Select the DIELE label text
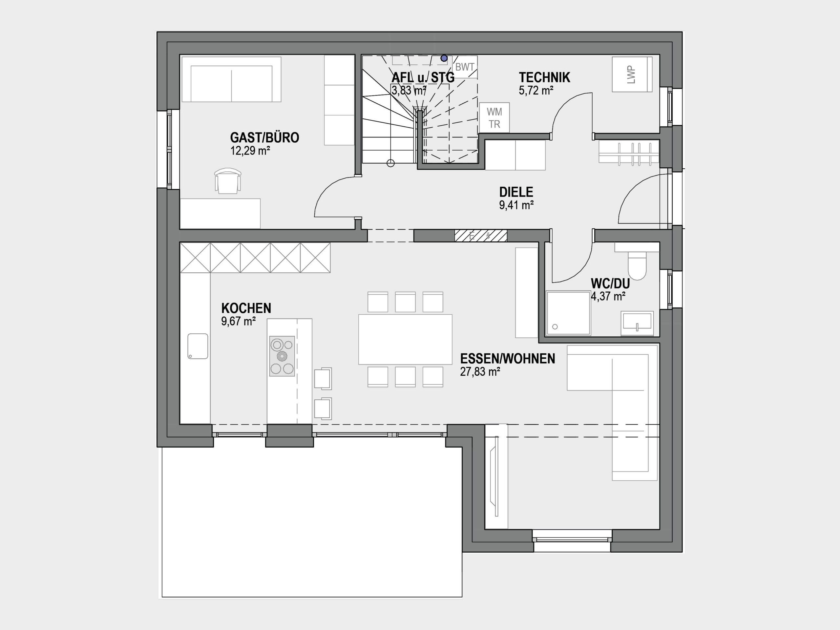click(516, 192)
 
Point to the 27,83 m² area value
click(480, 372)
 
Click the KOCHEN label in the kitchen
click(246, 308)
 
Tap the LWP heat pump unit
click(632, 74)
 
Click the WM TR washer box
click(494, 118)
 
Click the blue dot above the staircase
click(444, 58)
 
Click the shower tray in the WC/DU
click(568, 313)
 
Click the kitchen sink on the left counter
click(198, 346)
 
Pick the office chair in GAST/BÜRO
click(227, 181)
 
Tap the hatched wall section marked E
click(481, 236)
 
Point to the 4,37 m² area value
click(608, 296)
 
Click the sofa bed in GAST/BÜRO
click(231, 79)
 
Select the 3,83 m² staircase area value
click(409, 90)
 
